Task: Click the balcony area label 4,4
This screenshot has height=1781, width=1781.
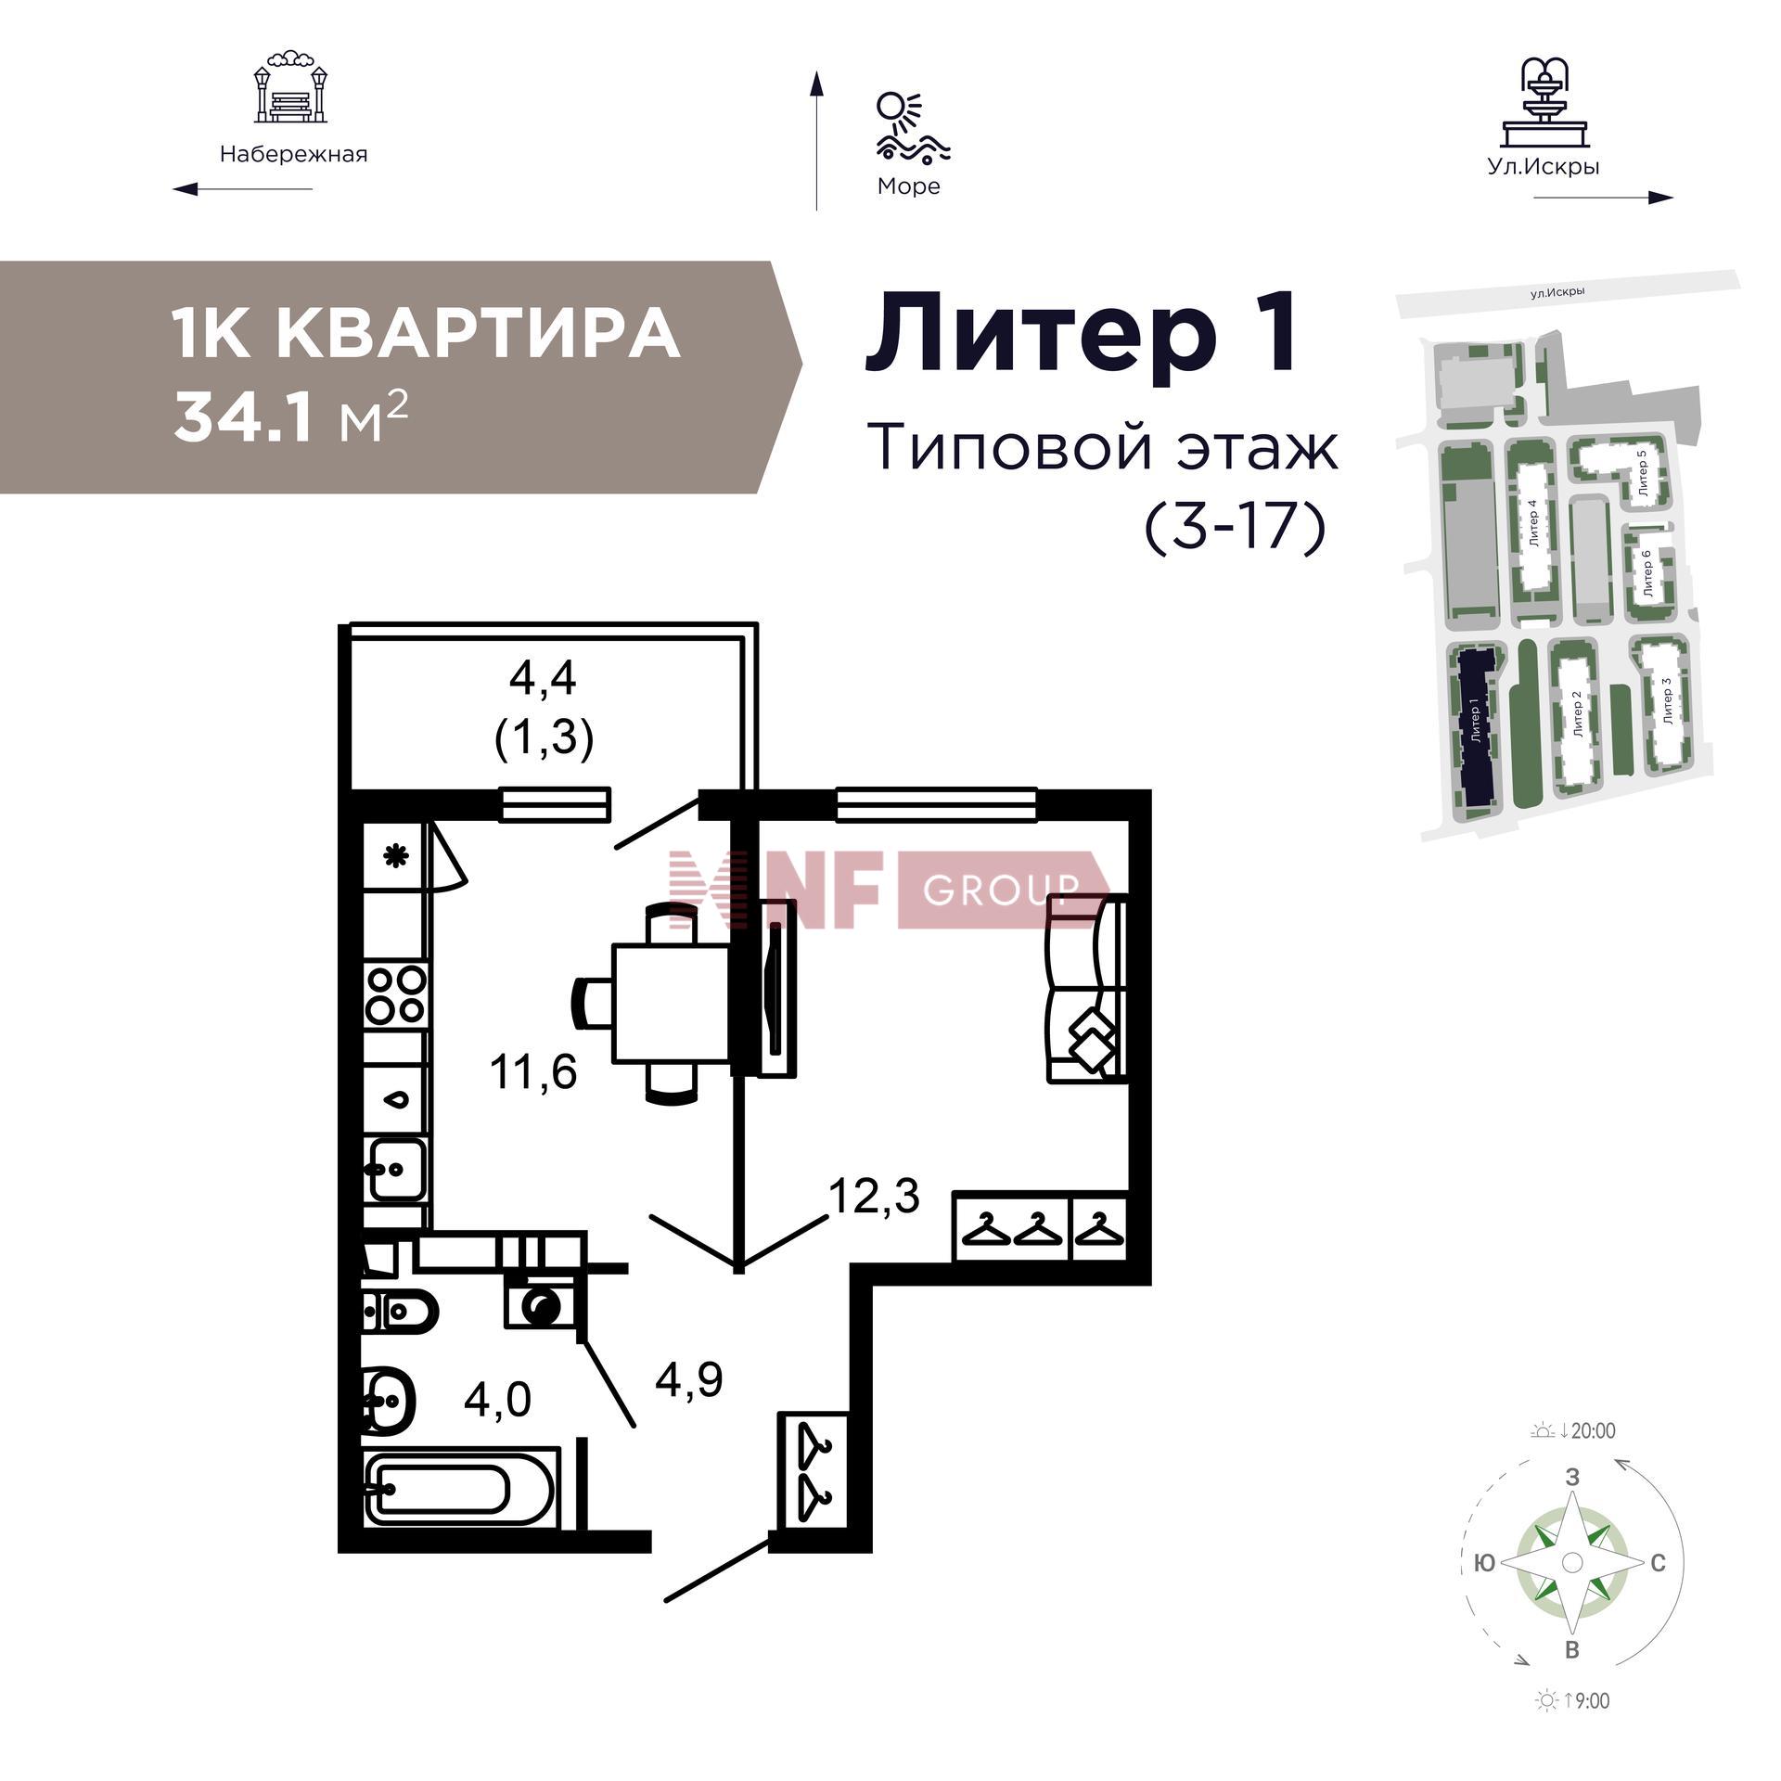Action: click(543, 679)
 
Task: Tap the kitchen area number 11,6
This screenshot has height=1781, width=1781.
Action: click(533, 1072)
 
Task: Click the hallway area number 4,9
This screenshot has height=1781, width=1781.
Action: click(688, 1380)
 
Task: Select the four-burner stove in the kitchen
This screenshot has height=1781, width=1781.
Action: click(396, 993)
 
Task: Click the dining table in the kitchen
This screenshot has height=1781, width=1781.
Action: click(669, 1003)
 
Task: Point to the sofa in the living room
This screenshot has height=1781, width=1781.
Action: click(1086, 988)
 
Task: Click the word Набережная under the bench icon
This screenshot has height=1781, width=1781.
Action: click(293, 154)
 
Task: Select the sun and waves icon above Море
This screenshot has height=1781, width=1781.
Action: click(911, 126)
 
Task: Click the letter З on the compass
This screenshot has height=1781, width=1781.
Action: click(1571, 1477)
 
